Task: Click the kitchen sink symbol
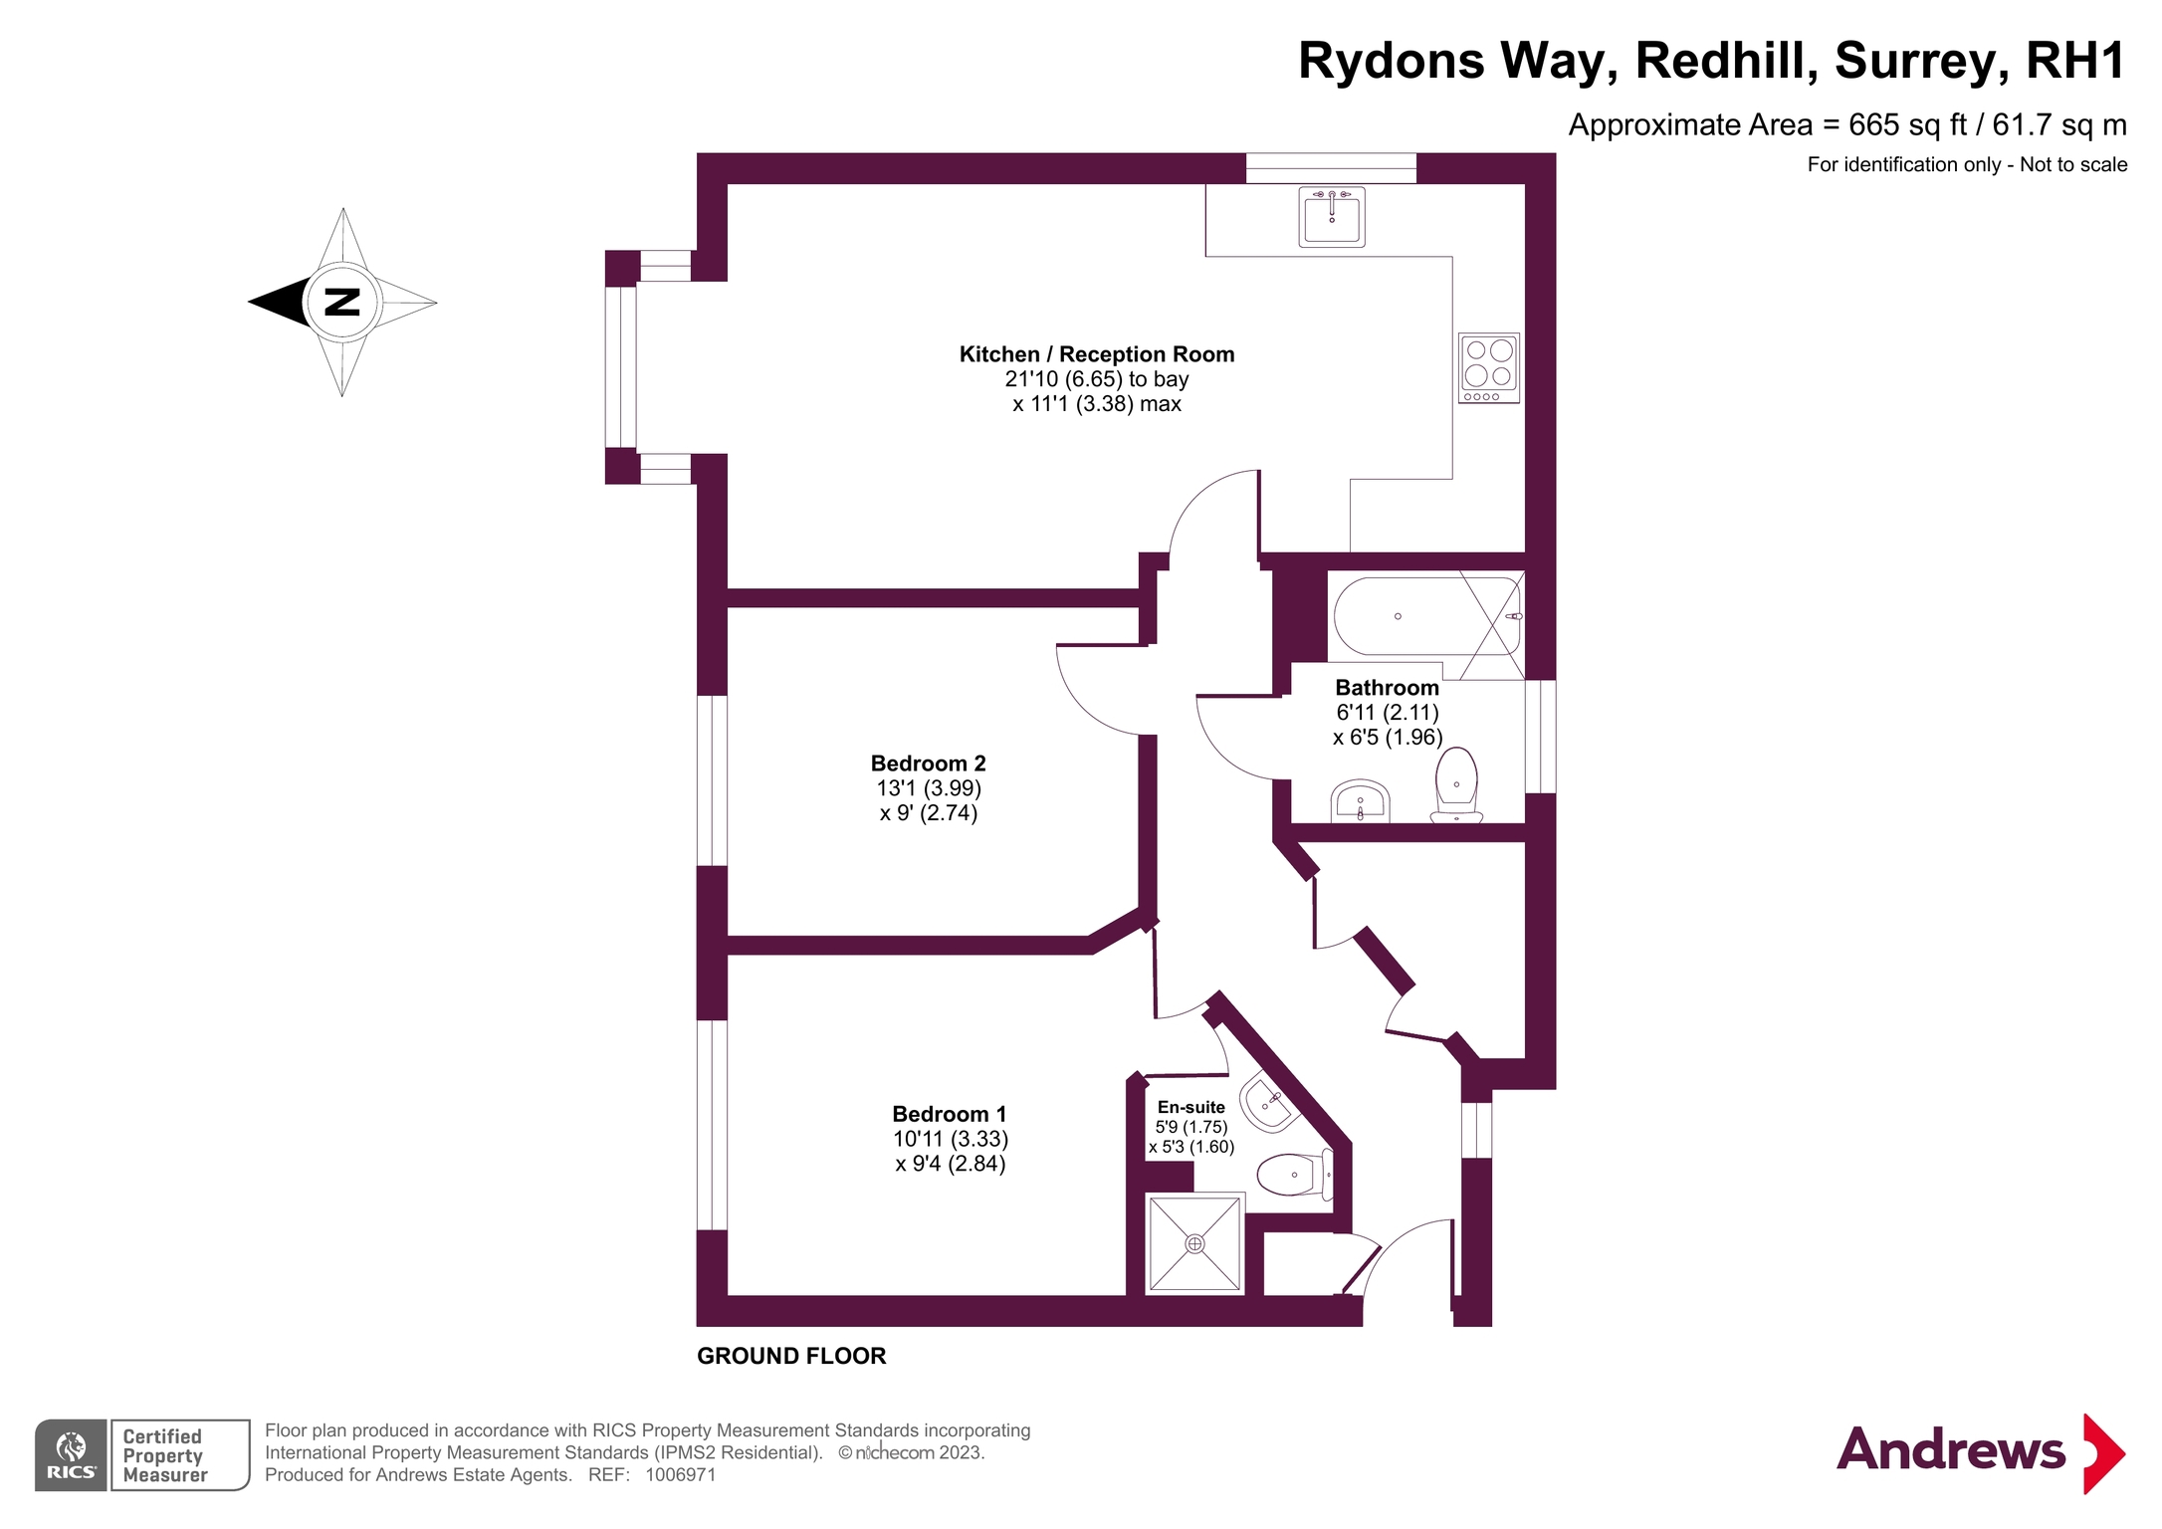click(x=1331, y=216)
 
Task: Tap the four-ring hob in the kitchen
click(x=1488, y=367)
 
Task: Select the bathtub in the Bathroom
click(x=1427, y=615)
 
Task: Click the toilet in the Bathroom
click(x=1456, y=785)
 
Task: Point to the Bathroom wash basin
click(x=1361, y=801)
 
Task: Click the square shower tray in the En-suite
click(x=1194, y=1243)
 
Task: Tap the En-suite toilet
click(x=1294, y=1175)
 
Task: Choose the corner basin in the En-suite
click(x=1268, y=1103)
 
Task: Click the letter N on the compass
click(x=342, y=302)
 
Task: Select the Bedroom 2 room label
click(x=928, y=764)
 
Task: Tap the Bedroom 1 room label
click(x=949, y=1114)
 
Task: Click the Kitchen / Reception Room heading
click(x=1097, y=354)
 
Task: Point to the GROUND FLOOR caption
click(x=791, y=1356)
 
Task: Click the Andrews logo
click(x=1981, y=1452)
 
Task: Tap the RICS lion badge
click(x=71, y=1455)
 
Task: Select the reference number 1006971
click(x=681, y=1475)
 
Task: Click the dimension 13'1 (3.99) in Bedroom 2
click(x=929, y=788)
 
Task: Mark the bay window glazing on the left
click(x=620, y=367)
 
